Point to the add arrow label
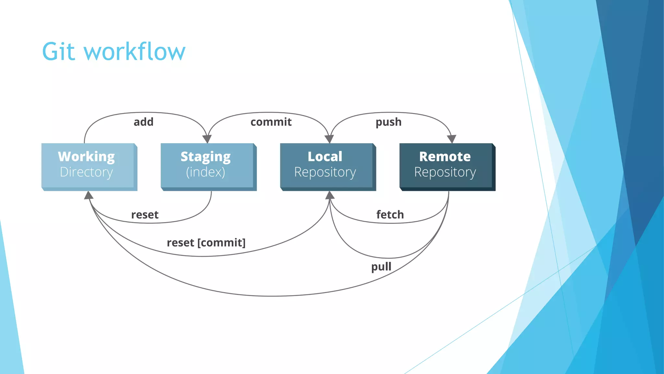(x=143, y=122)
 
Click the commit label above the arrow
(x=271, y=122)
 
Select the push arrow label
(x=388, y=122)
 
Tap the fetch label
(x=390, y=215)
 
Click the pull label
(x=381, y=267)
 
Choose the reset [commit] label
(x=206, y=243)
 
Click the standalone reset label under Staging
(x=145, y=215)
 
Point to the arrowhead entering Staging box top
(x=207, y=139)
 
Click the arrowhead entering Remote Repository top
(x=452, y=139)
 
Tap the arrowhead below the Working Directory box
(x=89, y=195)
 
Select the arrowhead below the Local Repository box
(x=330, y=195)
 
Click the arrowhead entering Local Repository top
(x=329, y=139)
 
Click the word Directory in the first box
(x=86, y=172)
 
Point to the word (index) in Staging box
(x=206, y=172)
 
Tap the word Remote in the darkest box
(x=445, y=156)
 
